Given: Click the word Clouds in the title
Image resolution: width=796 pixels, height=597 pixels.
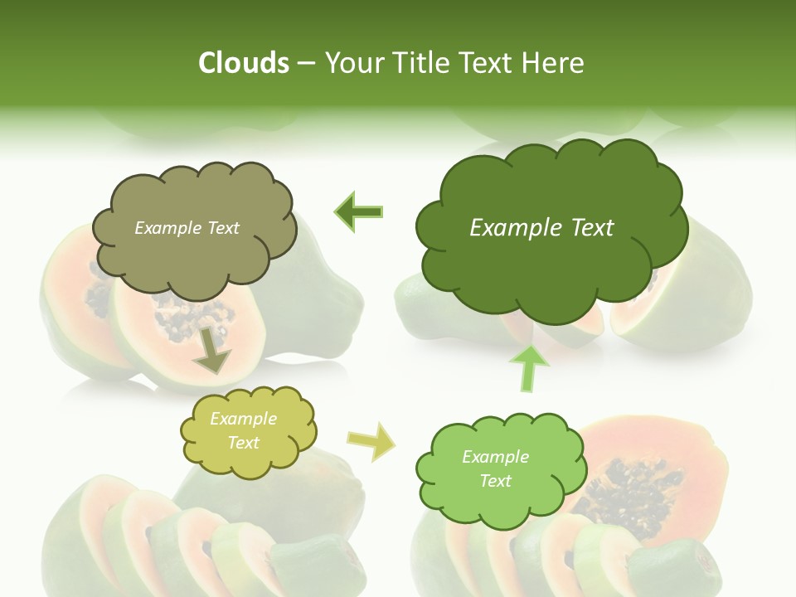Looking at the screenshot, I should [243, 63].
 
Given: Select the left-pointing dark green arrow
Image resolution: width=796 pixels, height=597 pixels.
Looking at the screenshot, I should [358, 212].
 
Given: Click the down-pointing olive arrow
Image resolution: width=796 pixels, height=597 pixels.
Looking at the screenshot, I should [211, 349].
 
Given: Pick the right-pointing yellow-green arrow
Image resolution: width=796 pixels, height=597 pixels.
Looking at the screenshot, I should [371, 442].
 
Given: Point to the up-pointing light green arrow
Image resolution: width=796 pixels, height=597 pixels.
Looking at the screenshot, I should [531, 366].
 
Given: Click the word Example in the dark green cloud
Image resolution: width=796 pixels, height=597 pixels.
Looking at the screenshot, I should [515, 228].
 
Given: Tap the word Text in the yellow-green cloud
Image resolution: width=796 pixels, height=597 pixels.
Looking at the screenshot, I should [244, 443].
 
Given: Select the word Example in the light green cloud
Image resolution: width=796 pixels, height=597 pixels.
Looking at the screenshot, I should [495, 457].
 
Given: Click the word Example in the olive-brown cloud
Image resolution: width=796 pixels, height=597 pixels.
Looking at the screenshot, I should [167, 228].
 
